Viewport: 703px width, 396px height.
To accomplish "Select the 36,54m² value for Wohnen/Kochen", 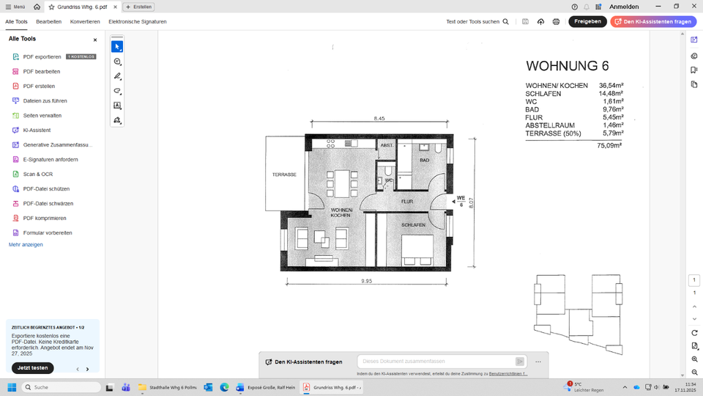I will click(x=611, y=86).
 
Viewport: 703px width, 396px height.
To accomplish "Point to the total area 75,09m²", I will click(x=609, y=146).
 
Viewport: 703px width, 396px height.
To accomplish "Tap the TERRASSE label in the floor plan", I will click(x=284, y=175).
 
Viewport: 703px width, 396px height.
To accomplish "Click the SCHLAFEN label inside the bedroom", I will click(x=413, y=225).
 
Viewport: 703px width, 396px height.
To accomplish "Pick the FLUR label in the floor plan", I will click(x=407, y=201).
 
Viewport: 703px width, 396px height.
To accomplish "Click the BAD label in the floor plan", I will click(x=424, y=160).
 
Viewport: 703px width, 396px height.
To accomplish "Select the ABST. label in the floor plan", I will click(x=387, y=146).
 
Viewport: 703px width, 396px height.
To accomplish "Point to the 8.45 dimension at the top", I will click(x=379, y=118).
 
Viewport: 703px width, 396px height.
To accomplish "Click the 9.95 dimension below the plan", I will click(x=367, y=281).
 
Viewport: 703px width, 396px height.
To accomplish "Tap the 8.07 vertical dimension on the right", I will click(x=472, y=202).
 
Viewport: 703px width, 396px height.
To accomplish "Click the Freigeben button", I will click(x=587, y=21).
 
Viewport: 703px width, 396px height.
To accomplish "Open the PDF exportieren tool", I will click(x=42, y=56).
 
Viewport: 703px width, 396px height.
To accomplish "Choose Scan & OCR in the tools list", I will click(x=37, y=174).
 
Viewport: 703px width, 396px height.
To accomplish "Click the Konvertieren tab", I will click(x=85, y=21).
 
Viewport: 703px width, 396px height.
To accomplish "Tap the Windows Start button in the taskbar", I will click(x=12, y=386).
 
